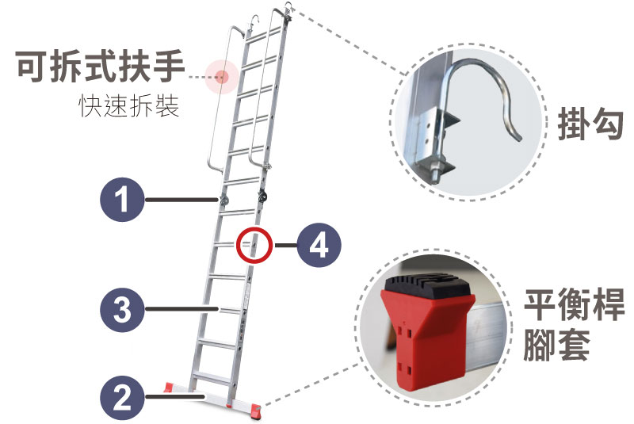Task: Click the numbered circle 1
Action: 122,199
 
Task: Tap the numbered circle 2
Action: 122,397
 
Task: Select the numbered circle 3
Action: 122,309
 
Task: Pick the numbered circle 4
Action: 319,245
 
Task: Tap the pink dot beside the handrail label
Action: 222,76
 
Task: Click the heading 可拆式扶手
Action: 101,67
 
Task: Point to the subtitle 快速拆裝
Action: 129,106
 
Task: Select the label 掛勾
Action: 590,124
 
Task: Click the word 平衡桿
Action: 574,305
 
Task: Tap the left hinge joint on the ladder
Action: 223,199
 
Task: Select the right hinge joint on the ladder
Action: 263,197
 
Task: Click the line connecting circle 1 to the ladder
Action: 181,199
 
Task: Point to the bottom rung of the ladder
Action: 211,379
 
